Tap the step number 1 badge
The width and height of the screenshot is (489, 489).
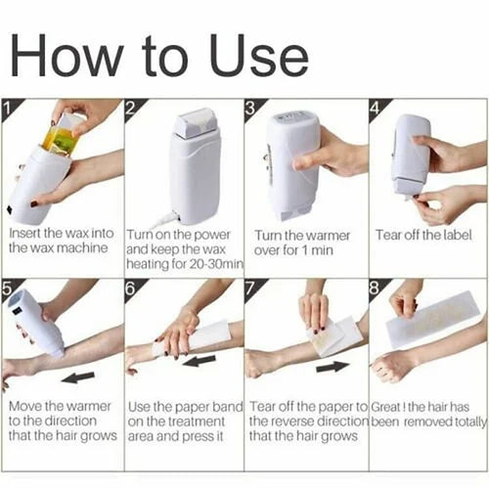pyautogui.click(x=10, y=105)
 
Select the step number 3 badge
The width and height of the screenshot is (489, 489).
pyautogui.click(x=251, y=105)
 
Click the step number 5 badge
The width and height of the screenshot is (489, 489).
pyautogui.click(x=10, y=287)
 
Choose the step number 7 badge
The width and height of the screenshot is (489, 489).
pyautogui.click(x=251, y=287)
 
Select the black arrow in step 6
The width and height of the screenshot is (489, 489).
pyautogui.click(x=201, y=360)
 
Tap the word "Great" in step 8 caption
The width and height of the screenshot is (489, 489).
pyautogui.click(x=388, y=406)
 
